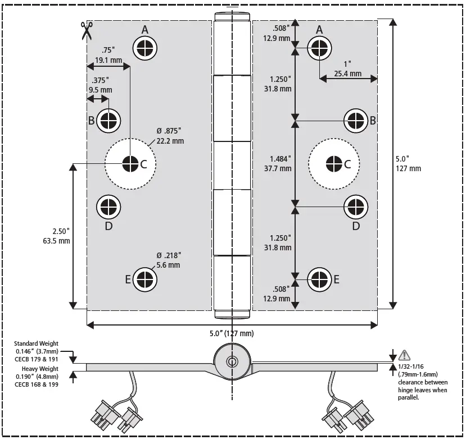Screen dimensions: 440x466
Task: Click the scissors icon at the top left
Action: (x=86, y=31)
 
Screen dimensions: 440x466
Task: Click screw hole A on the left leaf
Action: (x=145, y=48)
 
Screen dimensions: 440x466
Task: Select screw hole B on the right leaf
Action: (x=355, y=120)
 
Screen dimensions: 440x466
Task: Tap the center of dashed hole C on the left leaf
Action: (x=130, y=164)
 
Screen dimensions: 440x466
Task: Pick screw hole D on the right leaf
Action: (x=355, y=207)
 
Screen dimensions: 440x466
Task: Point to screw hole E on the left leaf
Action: (x=145, y=279)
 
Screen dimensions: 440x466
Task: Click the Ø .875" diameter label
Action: (x=170, y=136)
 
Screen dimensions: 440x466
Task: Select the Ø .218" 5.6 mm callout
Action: (x=169, y=260)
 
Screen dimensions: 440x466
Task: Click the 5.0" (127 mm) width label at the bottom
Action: (x=231, y=333)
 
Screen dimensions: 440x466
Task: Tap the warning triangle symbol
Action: (x=404, y=355)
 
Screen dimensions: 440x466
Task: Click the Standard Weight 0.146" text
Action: (x=37, y=351)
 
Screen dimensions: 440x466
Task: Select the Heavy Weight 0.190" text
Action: (x=37, y=376)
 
